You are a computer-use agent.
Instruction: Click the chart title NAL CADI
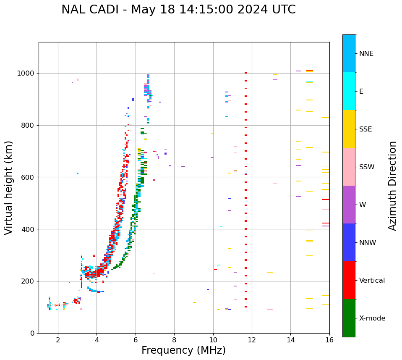point(178,10)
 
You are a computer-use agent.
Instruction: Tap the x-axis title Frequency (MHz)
point(183,350)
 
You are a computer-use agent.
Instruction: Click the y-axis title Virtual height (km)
point(9,187)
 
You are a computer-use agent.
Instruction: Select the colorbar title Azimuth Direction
point(392,186)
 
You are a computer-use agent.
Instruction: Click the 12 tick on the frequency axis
point(252,339)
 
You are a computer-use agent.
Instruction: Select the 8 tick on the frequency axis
point(174,339)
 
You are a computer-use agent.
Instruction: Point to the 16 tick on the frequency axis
point(329,339)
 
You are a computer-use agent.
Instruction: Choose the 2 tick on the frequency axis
point(58,339)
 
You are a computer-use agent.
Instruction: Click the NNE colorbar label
point(366,54)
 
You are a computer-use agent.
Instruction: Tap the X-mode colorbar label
point(372,318)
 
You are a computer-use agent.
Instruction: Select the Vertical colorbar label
point(372,281)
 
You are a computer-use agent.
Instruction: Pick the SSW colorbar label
point(367,167)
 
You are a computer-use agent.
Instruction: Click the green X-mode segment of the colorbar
point(349,318)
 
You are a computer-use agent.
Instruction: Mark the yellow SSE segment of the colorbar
point(349,129)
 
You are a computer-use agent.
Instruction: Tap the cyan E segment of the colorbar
point(349,91)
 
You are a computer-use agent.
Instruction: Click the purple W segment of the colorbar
point(349,205)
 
